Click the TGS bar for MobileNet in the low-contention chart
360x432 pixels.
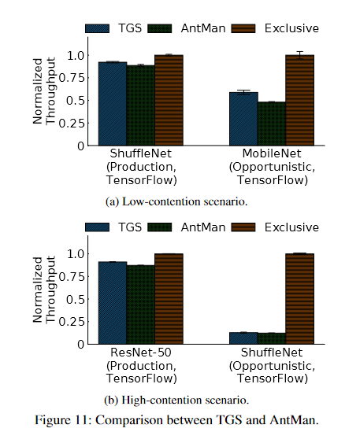tap(243, 119)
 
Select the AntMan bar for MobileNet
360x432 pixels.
tap(272, 124)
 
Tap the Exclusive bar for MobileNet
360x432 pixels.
tap(300, 100)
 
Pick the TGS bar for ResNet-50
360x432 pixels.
tap(113, 303)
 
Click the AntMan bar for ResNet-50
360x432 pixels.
tap(141, 305)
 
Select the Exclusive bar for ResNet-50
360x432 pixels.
tap(169, 299)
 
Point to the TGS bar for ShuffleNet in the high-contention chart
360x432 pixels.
tap(243, 338)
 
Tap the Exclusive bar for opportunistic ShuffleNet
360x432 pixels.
tap(300, 299)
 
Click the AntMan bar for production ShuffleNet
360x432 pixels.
tap(141, 105)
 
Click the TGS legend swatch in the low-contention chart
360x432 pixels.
tap(97, 28)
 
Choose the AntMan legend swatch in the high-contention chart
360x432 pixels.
tap(160, 227)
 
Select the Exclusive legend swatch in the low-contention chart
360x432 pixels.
tap(243, 28)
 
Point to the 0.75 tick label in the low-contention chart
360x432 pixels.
tap(71, 78)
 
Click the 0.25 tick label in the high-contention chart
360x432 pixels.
tap(71, 322)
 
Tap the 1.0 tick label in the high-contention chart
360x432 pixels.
tap(76, 253)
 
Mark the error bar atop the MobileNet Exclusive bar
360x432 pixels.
tap(300, 55)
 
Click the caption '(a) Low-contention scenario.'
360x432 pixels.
tap(176, 202)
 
